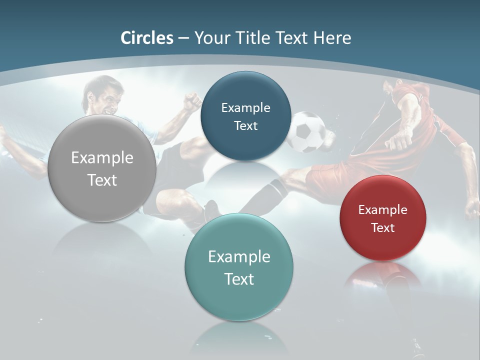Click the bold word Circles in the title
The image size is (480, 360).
146,38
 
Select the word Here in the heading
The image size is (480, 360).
332,38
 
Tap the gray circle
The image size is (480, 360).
102,168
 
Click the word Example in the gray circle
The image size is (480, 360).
102,158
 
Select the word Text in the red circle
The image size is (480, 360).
383,228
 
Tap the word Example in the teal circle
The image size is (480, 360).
239,257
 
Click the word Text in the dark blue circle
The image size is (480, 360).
245,126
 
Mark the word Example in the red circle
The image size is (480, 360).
383,210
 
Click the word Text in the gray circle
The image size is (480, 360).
102,180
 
